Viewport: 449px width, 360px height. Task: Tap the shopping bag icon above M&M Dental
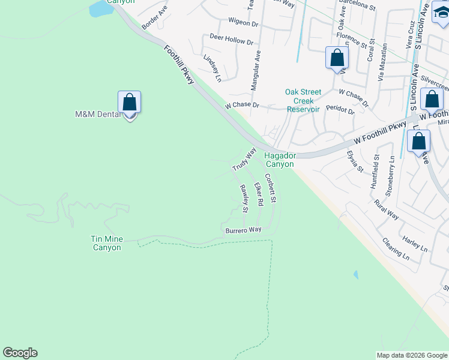coord(130,103)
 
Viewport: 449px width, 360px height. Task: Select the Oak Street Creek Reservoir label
coord(303,100)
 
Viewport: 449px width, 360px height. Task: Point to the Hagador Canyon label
coord(280,160)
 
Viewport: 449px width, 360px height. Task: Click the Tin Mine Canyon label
coord(106,243)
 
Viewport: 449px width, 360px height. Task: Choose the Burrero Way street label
coord(244,230)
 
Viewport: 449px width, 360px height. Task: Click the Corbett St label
coord(272,188)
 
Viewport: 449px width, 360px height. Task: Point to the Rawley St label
coord(244,199)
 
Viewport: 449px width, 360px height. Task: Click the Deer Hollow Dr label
coord(232,40)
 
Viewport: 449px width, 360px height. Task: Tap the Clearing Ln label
coord(396,248)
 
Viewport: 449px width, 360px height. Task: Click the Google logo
coord(20,353)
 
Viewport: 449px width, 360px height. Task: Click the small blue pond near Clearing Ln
coord(356,275)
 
